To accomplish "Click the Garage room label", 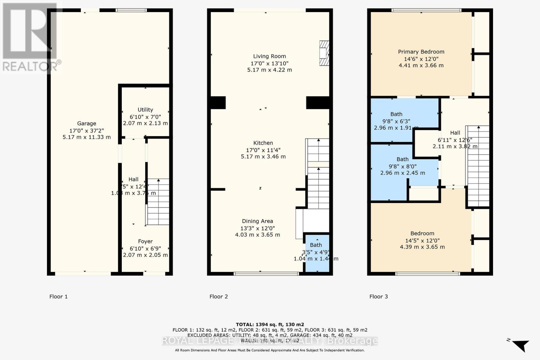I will (x=86, y=123).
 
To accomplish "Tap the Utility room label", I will (x=145, y=110).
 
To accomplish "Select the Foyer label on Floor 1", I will (x=145, y=241).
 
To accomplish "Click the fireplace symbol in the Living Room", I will (x=324, y=53).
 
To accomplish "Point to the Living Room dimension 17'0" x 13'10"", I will (x=269, y=63).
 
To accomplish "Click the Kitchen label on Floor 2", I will (x=263, y=143).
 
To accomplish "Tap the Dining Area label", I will (x=257, y=221).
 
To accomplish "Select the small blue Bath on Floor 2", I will (x=316, y=253).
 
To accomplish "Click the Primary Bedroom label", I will (x=421, y=52).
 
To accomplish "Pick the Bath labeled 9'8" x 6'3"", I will (x=396, y=114).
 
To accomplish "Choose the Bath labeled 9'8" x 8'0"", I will (x=402, y=159).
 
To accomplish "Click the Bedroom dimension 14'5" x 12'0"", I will (x=422, y=241).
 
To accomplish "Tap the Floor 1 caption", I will (x=58, y=297).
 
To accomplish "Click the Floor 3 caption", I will (x=378, y=297).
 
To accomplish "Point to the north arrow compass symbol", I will (x=520, y=345).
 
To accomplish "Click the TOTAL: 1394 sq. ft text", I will (x=270, y=325).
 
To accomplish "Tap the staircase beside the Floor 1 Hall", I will (x=158, y=202).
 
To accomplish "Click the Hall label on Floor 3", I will (x=455, y=133).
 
